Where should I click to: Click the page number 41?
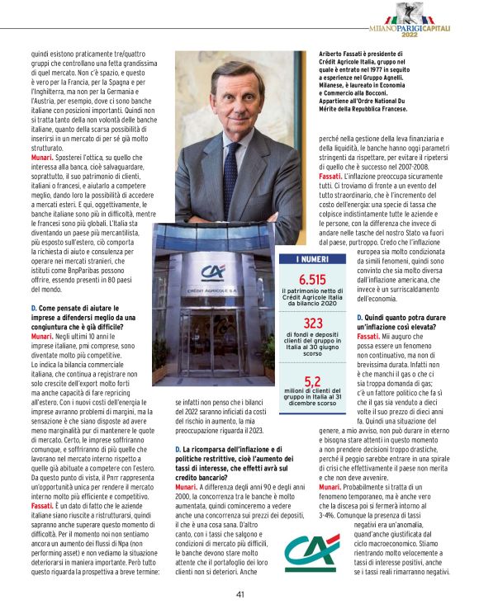pyautogui.click(x=239, y=593)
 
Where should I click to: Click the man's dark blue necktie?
pyautogui.click(x=234, y=139)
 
